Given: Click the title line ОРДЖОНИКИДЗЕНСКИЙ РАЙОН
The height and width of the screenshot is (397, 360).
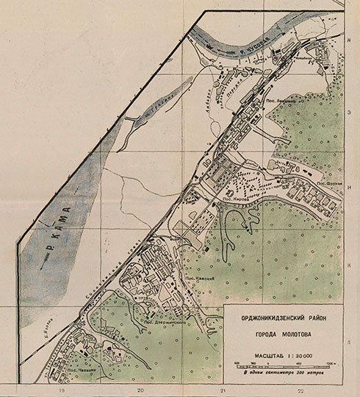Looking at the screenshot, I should pos(281,318).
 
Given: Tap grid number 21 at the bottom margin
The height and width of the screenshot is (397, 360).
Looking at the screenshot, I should pos(221,392).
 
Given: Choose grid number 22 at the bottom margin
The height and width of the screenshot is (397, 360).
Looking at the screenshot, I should pos(301,392).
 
